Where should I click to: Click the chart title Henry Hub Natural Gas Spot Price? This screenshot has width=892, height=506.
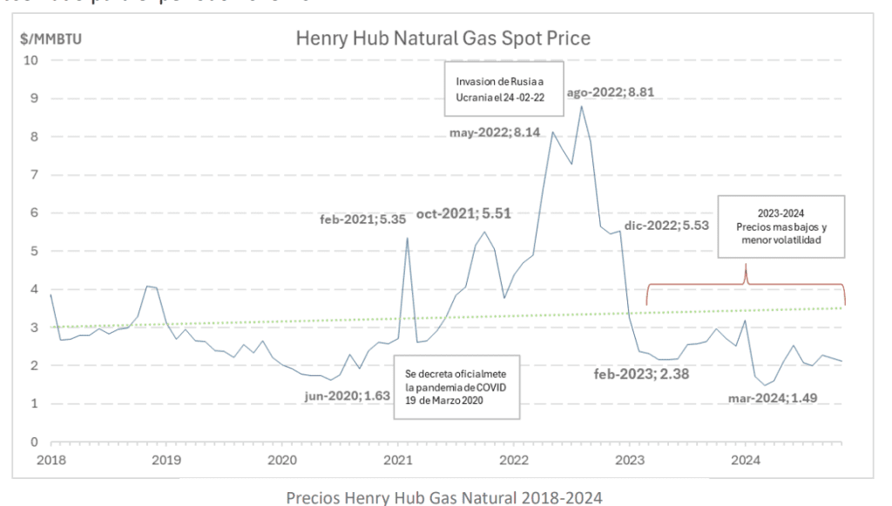click(x=443, y=38)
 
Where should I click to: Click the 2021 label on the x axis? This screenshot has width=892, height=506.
click(x=398, y=460)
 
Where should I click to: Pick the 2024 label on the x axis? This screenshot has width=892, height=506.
click(x=745, y=460)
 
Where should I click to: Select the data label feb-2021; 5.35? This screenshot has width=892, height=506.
click(x=356, y=219)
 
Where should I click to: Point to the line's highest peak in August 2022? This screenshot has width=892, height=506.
click(x=581, y=106)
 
